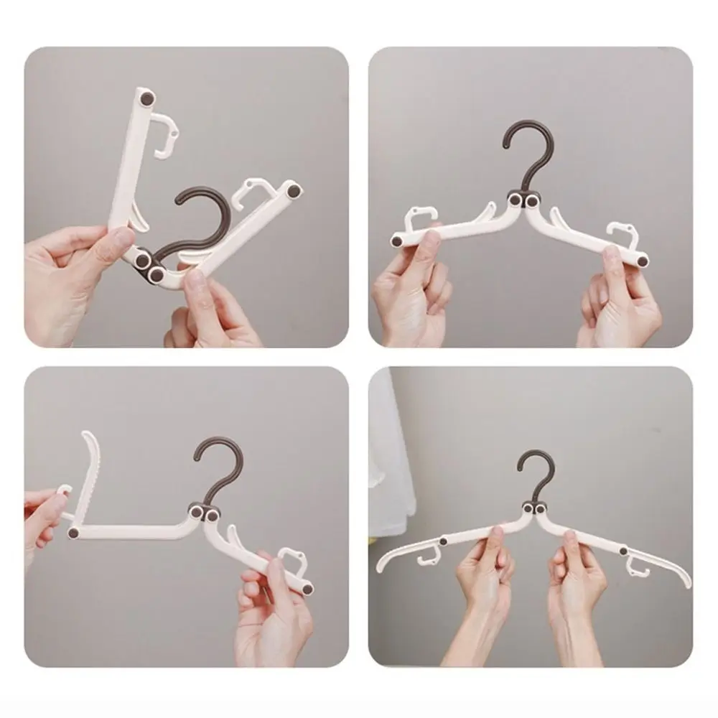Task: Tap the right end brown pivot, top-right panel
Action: tap(643, 261)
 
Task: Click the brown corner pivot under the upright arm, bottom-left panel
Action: tap(73, 533)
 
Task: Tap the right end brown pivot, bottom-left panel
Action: tap(308, 589)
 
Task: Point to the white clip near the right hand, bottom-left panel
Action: tap(292, 559)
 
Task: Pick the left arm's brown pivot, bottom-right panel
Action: tap(444, 541)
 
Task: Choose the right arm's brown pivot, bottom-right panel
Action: tap(623, 551)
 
